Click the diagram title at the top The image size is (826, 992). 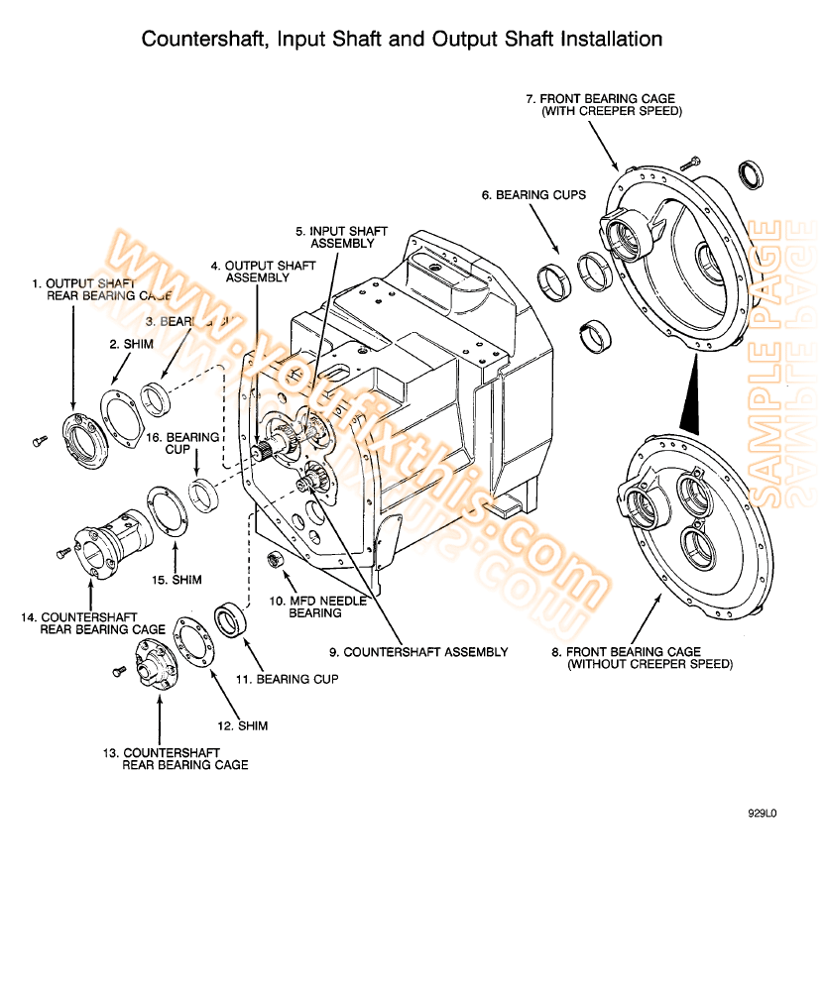tap(402, 40)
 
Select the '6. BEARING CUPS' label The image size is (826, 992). tap(533, 195)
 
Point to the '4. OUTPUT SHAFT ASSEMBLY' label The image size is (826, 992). tap(263, 272)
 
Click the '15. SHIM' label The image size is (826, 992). tap(177, 580)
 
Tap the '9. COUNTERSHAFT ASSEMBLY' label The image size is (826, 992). tap(418, 652)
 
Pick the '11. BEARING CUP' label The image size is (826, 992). tap(286, 679)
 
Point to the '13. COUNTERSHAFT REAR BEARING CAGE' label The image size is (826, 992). tap(176, 758)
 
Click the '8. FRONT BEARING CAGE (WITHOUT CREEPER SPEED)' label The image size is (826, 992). tap(642, 658)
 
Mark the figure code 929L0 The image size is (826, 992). tap(763, 814)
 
